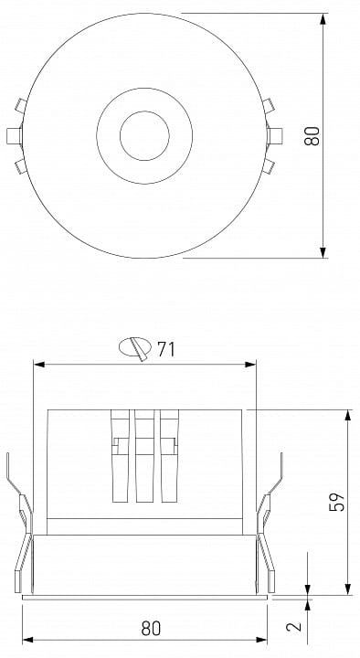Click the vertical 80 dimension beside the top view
pyautogui.click(x=312, y=135)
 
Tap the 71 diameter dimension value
pyautogui.click(x=166, y=349)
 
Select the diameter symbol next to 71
pyautogui.click(x=135, y=347)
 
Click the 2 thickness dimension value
pyautogui.click(x=293, y=626)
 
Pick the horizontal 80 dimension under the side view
pyautogui.click(x=151, y=628)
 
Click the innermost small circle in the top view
pyautogui.click(x=144, y=135)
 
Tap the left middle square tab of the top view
pyautogui.click(x=15, y=136)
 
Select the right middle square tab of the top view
pyautogui.click(x=275, y=136)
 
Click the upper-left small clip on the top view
pyautogui.click(x=21, y=105)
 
